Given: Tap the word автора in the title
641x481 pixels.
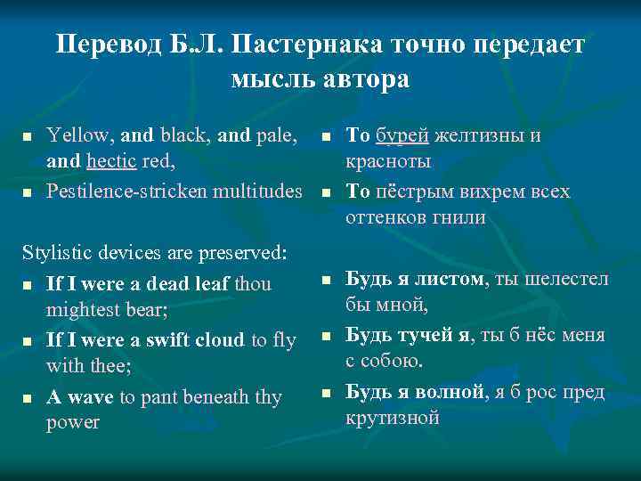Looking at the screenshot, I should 366,78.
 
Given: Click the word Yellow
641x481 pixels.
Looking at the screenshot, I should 80,136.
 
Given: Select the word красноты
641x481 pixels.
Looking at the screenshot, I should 388,162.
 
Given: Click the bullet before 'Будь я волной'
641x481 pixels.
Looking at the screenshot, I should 326,393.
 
